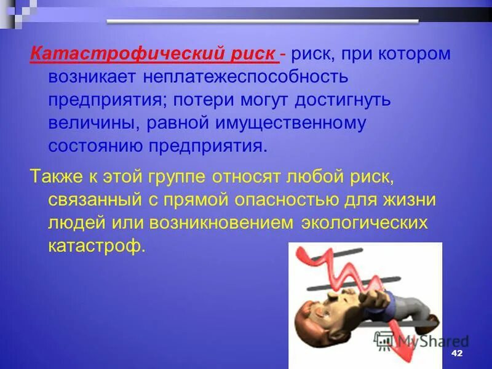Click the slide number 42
(x=456, y=354)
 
